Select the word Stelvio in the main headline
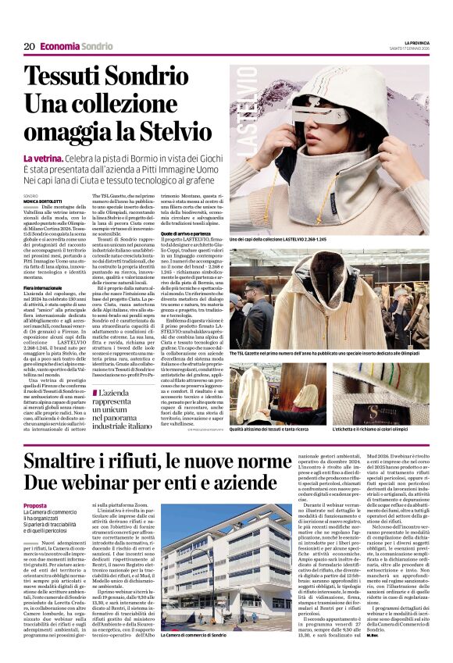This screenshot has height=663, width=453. click(177, 132)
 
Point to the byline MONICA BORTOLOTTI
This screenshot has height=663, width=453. click(47, 201)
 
